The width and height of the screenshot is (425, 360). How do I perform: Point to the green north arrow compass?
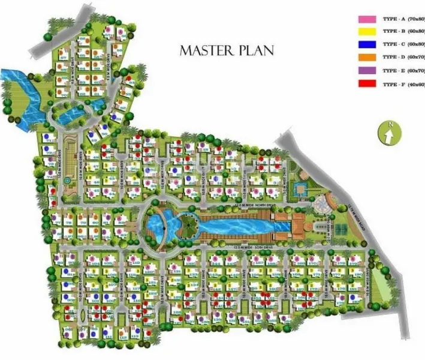pos(388,133)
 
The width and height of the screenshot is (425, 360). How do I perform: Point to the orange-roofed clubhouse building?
pos(302,227)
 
